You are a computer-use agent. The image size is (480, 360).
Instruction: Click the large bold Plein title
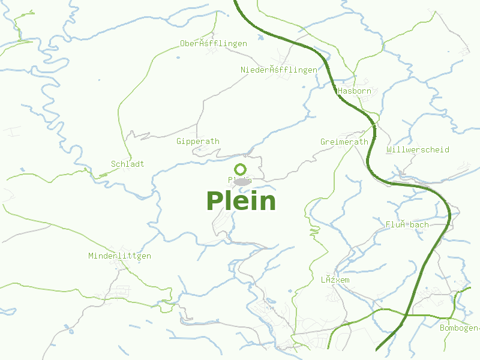point(241,201)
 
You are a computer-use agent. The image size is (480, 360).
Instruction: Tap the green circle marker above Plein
point(241,170)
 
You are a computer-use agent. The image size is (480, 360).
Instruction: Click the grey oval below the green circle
point(241,181)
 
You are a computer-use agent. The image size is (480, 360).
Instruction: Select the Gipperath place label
point(198,142)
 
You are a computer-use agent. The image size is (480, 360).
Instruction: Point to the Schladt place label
point(128,164)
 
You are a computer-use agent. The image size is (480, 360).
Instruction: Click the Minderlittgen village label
point(119,256)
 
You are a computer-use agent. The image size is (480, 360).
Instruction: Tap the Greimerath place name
point(344,142)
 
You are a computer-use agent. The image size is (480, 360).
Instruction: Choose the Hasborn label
point(355,91)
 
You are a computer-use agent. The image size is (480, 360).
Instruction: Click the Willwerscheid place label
point(418,149)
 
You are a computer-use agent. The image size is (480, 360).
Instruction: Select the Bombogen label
point(459,328)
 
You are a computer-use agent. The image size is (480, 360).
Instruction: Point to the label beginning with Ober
point(214,44)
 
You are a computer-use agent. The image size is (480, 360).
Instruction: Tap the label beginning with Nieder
point(279,70)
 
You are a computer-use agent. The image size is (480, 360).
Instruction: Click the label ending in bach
point(407,225)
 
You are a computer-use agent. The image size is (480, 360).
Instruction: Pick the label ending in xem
point(335,280)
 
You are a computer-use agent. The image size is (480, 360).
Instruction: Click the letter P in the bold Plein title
point(215,201)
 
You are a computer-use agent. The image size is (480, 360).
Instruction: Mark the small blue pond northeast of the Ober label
point(261,37)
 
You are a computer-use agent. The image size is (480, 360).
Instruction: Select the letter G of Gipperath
point(179,142)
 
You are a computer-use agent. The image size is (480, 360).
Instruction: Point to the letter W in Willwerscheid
point(390,149)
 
